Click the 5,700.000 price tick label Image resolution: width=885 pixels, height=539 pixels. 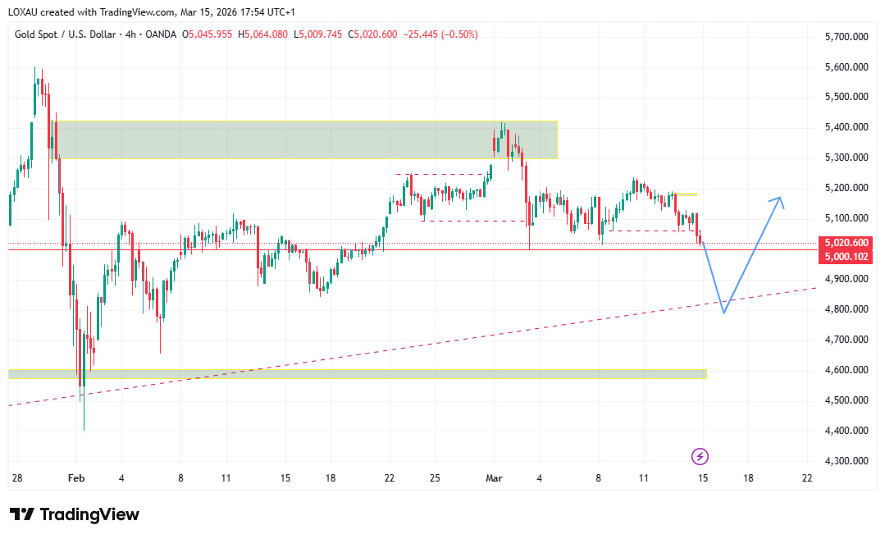[845, 37]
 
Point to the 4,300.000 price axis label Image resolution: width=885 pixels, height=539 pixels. [845, 461]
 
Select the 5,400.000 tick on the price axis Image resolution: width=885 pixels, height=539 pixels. [845, 127]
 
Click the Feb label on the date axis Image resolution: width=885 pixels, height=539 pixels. [76, 477]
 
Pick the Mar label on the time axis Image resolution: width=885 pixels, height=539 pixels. [494, 477]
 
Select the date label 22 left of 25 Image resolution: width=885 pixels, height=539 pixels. [390, 477]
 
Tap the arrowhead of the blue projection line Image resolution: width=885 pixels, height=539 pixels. [780, 199]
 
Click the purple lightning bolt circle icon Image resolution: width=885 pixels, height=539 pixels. [700, 455]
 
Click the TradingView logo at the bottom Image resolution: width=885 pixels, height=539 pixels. [75, 514]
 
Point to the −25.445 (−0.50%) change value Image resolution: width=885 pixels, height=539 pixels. [440, 34]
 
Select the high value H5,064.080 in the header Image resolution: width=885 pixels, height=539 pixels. [262, 34]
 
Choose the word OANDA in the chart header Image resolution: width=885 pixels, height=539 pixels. [162, 34]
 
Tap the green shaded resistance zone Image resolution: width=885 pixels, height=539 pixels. [303, 139]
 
